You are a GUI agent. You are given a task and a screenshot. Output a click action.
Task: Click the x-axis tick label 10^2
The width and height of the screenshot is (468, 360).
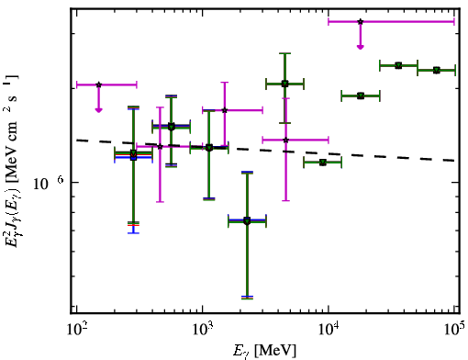tap(76, 329)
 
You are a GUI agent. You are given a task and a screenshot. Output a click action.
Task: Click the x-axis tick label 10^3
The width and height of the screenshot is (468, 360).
tap(203, 329)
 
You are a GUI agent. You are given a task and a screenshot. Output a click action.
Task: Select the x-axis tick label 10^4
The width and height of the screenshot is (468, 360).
tap(329, 329)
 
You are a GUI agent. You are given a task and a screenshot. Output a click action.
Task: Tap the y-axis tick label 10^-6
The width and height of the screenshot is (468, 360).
tap(49, 183)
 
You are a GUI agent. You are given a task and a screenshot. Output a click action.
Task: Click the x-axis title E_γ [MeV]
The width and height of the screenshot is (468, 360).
tap(264, 351)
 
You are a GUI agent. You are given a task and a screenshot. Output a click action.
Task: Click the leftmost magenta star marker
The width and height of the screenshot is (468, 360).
tap(98, 84)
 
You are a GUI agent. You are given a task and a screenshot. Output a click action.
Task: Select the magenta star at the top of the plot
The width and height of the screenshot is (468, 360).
tap(361, 22)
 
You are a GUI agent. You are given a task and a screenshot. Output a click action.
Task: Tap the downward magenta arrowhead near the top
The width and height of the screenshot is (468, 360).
tap(361, 47)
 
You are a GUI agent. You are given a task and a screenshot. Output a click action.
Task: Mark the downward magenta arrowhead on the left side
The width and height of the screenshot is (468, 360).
tap(98, 110)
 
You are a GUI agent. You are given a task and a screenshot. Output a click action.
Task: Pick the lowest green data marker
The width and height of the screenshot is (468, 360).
tap(247, 220)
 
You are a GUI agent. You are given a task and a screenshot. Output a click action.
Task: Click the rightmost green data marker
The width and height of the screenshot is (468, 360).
tap(437, 71)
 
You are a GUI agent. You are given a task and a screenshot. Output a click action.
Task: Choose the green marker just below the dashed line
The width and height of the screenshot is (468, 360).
tap(323, 163)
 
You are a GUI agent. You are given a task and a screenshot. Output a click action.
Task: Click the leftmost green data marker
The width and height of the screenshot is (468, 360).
tap(133, 154)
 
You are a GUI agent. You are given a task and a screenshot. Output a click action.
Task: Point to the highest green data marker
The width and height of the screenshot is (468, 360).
tap(398, 65)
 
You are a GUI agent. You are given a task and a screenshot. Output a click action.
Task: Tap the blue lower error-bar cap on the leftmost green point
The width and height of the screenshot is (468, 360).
tap(133, 233)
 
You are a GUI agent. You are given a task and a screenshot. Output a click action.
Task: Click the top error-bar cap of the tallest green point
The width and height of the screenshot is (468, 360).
tap(284, 53)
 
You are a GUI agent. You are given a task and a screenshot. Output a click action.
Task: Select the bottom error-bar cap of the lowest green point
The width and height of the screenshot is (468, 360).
tap(247, 298)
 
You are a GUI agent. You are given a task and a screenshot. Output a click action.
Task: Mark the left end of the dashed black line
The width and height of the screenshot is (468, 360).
tap(76, 140)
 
